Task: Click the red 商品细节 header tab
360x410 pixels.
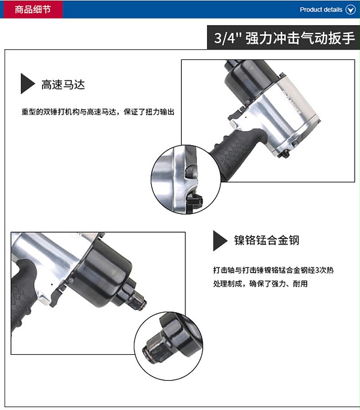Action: click(33, 10)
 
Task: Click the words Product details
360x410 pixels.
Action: click(321, 10)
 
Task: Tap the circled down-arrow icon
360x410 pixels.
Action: click(350, 10)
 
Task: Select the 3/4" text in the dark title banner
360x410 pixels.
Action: click(227, 38)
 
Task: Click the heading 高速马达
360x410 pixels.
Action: click(63, 85)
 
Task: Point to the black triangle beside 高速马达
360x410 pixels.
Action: click(27, 83)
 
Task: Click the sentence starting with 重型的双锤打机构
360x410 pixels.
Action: click(98, 112)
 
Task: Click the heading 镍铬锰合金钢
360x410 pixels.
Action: click(266, 240)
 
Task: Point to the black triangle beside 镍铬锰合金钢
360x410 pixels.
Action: click(220, 241)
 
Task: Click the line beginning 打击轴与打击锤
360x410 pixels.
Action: click(274, 270)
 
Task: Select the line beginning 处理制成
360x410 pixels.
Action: click(260, 284)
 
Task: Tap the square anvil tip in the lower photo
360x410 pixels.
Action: click(137, 301)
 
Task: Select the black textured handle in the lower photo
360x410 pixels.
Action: click(22, 296)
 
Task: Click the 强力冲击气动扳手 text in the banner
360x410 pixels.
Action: click(300, 38)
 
